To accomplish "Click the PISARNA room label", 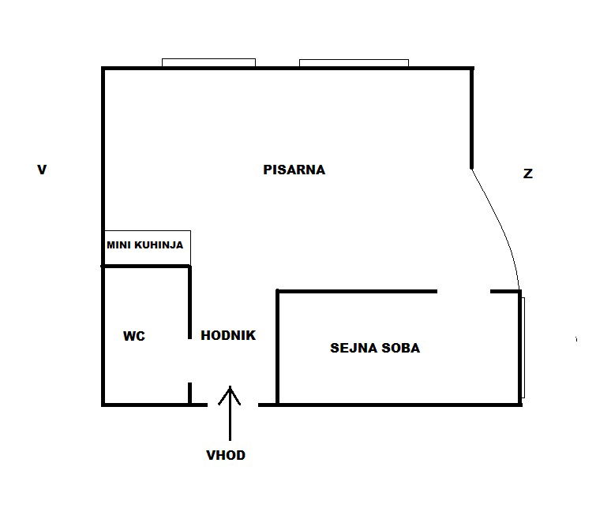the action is tap(294, 170).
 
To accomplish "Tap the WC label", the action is tap(133, 336).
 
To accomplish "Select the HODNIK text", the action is tap(228, 335).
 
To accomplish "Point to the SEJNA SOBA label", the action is tap(375, 348).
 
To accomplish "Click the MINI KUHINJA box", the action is tap(148, 247).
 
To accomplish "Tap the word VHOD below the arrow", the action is tap(226, 455).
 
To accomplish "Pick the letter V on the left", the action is tap(42, 170).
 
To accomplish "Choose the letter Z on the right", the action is tap(528, 174).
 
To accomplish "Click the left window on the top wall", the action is tap(208, 62).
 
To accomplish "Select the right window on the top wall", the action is tap(354, 63).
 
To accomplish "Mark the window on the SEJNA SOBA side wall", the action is tap(523, 348).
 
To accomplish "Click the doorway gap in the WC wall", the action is tap(189, 360).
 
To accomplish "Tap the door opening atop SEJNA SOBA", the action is tap(463, 291).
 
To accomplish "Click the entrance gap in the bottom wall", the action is tap(233, 405).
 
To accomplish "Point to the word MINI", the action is tap(119, 245).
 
